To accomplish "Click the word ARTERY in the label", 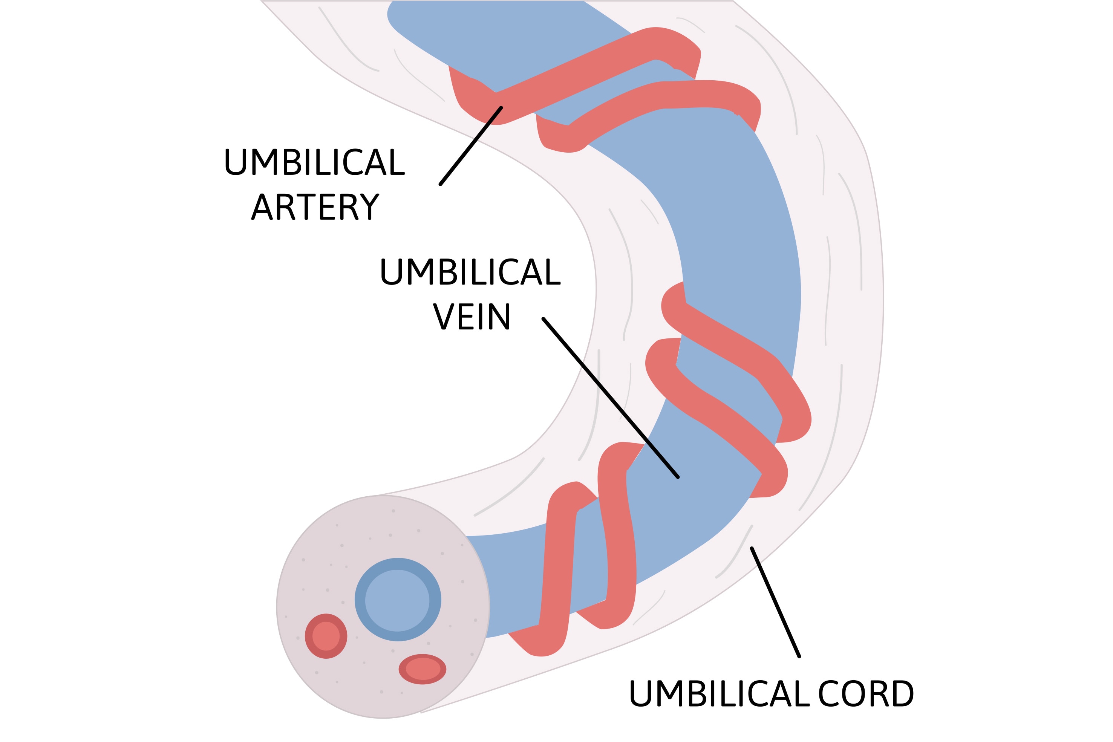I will point(315,207).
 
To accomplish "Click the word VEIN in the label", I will point(472,317).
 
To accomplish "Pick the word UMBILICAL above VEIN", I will point(470,272).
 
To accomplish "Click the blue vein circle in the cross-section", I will point(398,600).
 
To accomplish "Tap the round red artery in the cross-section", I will point(326,636).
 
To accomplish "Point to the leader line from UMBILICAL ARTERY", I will point(470,146).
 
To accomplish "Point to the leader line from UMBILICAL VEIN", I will point(611,398).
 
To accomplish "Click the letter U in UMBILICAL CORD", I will point(640,694).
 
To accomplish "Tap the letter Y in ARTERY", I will point(370,207).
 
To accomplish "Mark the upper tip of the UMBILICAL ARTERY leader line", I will point(501,108).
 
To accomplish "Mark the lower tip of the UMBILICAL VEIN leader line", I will point(678,477).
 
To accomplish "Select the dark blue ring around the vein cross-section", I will point(360,600).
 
